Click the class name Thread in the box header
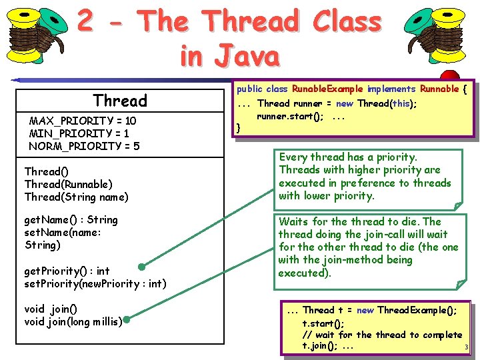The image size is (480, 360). pos(120,101)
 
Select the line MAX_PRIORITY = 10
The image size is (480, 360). pos(83,121)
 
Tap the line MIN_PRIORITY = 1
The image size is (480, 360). pos(79,133)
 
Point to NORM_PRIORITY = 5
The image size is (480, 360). pos(84,146)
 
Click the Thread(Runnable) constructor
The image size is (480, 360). pos(68,184)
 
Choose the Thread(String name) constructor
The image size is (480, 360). pos(76,197)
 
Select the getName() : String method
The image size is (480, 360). pos(71,220)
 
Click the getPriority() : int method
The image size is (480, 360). pos(67,271)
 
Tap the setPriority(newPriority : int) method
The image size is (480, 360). pos(95,283)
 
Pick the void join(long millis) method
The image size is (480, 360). pos(73,322)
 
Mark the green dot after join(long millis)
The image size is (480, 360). pos(125,321)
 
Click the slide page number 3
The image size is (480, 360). pos(467,348)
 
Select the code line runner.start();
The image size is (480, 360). pos(291,116)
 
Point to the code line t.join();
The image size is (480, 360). pos(319,346)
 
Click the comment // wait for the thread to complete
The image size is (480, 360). pos(382,335)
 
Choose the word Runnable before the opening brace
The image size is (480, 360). pos(439,89)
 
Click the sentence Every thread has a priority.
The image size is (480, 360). pos(347,157)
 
